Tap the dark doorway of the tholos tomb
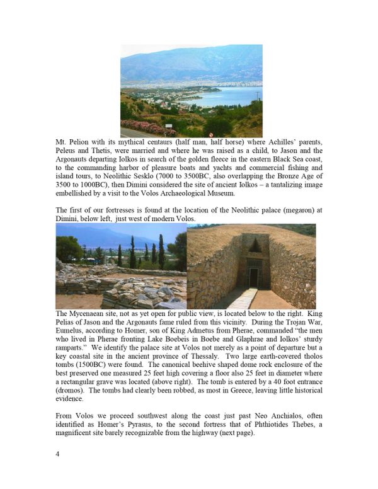(253, 277)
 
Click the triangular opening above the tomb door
(253, 244)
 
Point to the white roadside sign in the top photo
(168, 125)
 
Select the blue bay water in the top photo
(227, 96)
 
